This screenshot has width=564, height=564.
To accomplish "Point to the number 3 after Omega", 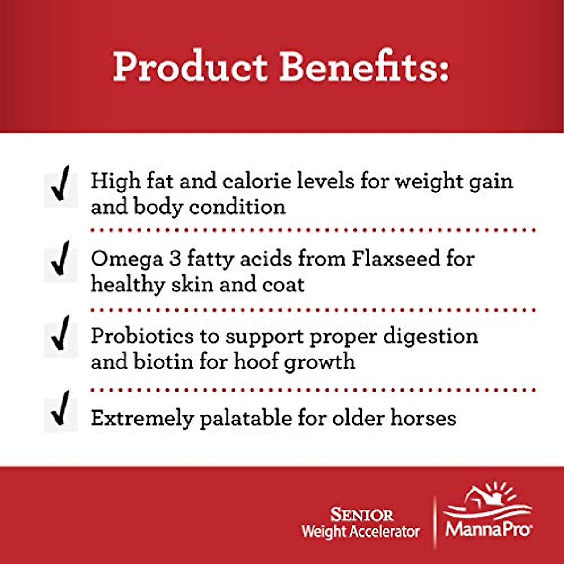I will tap(175, 259).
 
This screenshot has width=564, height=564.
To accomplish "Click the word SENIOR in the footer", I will tap(361, 515).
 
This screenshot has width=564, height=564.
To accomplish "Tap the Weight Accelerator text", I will tap(360, 532).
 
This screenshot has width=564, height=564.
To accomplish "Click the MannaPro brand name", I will tap(488, 530).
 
